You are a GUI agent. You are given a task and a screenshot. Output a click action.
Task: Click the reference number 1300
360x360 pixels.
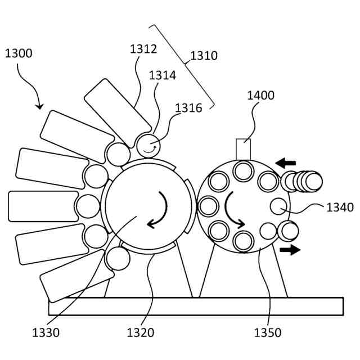pos(19,54)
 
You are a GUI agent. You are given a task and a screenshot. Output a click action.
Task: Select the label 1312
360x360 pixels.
pos(143,49)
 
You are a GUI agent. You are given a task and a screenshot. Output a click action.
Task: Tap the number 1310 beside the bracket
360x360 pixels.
pos(204,56)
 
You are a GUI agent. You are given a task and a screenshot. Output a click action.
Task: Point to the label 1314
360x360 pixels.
pos(163,75)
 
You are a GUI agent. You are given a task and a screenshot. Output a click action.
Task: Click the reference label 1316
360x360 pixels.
pos(188,108)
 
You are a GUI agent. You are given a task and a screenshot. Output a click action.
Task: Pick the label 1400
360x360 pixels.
pos(260,95)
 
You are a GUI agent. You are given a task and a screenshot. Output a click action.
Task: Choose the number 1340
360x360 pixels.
pos(340,208)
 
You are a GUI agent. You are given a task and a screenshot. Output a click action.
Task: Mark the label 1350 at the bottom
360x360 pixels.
pos(267,332)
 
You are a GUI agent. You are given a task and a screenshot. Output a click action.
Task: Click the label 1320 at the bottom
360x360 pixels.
pos(140,332)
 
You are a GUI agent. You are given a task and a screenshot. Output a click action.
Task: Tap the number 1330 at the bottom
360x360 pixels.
pos(46,332)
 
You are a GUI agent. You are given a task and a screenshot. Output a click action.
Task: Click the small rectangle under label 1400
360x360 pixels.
pos(243,149)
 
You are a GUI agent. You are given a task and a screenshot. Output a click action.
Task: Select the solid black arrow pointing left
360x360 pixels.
pos(286,163)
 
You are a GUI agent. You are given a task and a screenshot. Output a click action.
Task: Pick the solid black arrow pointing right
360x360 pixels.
pos(290,249)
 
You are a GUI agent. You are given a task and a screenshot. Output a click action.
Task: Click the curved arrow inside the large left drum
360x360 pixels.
pos(158,210)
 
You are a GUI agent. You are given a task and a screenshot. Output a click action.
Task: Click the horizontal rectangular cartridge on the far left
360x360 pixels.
pos(43,206)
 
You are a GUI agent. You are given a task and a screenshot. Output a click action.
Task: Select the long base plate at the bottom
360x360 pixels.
pos(196,306)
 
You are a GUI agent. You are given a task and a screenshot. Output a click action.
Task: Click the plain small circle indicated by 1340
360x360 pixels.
pos(279,206)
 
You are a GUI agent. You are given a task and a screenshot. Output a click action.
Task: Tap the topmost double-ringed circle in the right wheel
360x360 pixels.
pos(244,170)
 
